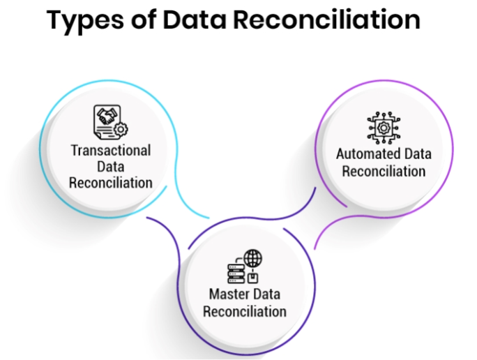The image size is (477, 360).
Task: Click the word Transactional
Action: tap(110, 150)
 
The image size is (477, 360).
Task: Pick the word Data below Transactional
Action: tap(110, 167)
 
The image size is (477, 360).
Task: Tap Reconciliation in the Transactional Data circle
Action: tap(110, 183)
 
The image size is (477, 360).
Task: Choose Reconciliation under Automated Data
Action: tap(384, 171)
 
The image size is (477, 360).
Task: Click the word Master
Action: tap(228, 294)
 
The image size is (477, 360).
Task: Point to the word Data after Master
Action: tap(268, 294)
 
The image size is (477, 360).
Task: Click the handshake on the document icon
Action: tap(107, 115)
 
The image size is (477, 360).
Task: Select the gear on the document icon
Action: tap(121, 129)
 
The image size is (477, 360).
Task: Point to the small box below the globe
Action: tap(253, 277)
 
